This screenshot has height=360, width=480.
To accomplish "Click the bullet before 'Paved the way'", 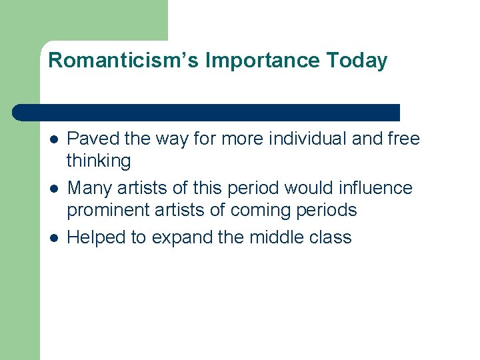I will [53, 139].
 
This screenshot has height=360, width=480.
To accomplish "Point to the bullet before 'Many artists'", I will [53, 189].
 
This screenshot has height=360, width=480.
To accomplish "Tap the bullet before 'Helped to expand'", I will [53, 238].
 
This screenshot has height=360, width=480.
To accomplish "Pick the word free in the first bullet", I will [405, 139].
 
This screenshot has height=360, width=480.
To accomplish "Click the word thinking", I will [99, 161].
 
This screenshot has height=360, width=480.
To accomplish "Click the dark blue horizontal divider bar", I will [207, 112].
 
